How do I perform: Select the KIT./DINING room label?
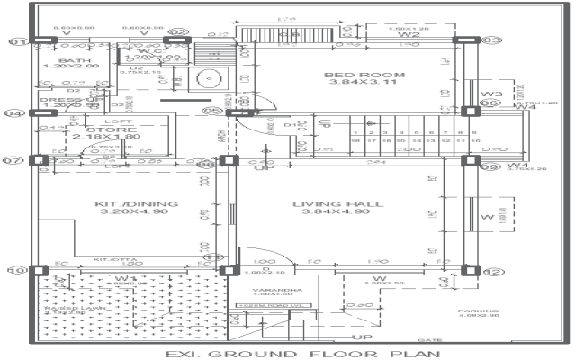click(125, 204)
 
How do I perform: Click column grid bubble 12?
click(492, 271)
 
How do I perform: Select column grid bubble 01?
click(17, 41)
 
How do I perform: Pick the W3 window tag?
click(490, 94)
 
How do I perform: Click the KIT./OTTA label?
click(111, 259)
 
